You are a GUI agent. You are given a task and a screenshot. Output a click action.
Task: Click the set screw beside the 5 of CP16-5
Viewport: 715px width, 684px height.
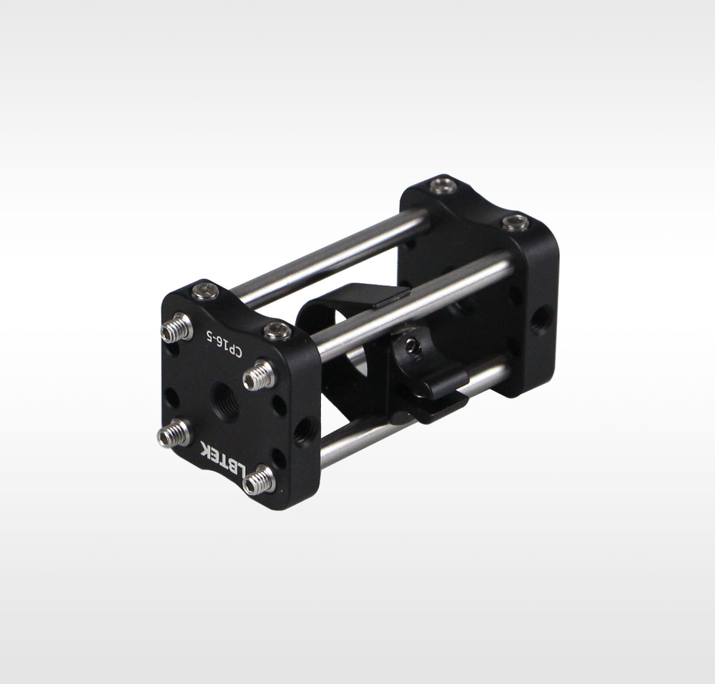pyautogui.click(x=176, y=327)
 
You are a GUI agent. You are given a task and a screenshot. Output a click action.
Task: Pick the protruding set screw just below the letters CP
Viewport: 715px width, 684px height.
pyautogui.click(x=259, y=375)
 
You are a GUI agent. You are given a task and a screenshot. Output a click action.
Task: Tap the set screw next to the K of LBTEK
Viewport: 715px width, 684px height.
pyautogui.click(x=173, y=433)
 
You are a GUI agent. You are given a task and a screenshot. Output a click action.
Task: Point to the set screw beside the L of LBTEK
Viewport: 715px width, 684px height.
pyautogui.click(x=260, y=480)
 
